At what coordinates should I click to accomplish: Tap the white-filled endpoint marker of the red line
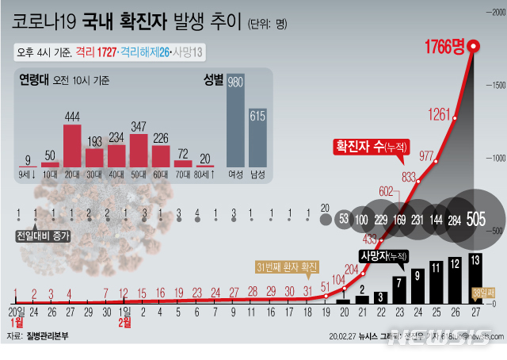point(474,47)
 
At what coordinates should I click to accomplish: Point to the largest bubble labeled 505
point(478,218)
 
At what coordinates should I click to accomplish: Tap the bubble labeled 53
point(344,218)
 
